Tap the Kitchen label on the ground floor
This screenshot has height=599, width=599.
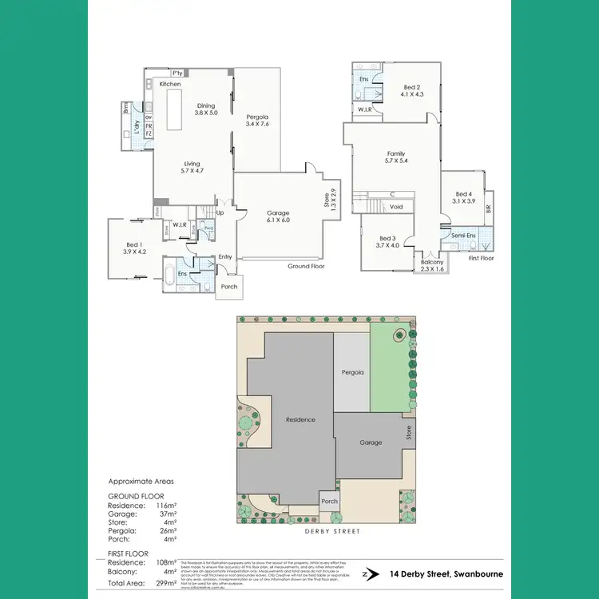170,84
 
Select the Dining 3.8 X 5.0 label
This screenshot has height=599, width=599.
206,109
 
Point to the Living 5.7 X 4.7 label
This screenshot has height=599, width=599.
192,167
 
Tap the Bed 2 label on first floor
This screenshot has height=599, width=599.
411,91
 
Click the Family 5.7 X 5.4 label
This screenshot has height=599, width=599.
396,157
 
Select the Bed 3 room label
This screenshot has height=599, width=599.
388,242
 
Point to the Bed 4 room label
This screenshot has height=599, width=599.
463,197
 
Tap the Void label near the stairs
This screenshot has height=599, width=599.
395,207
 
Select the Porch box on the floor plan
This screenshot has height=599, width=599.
229,287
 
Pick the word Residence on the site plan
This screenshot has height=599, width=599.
301,419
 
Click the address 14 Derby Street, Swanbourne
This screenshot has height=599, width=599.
443,573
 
